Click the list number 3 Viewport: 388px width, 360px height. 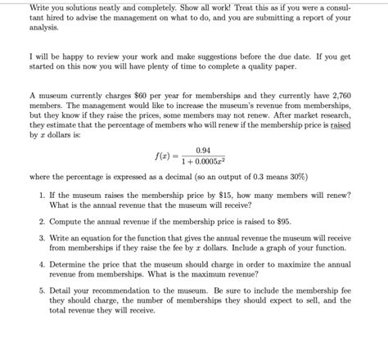click(x=41, y=236)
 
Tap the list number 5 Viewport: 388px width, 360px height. click(x=41, y=290)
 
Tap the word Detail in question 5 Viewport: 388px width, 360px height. click(x=60, y=290)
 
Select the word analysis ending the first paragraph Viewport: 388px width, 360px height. click(x=46, y=26)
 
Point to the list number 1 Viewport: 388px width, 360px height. click(x=41, y=195)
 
